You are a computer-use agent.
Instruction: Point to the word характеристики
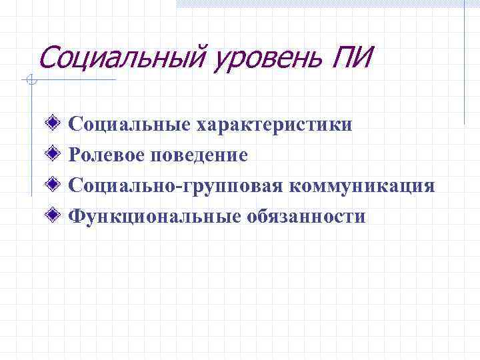point(275,124)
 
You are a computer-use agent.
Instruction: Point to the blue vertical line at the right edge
point(464,67)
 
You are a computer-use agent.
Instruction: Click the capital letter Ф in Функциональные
point(77,217)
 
